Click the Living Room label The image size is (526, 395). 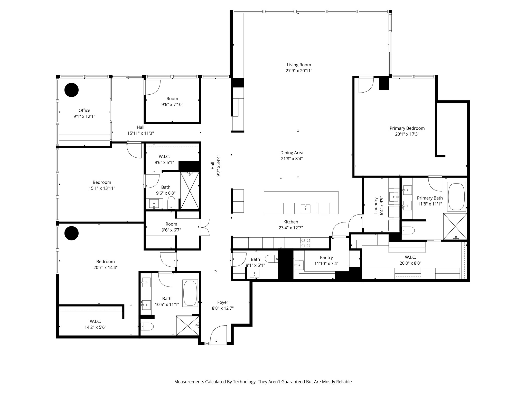[299, 65]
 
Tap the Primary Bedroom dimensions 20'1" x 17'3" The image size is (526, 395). [407, 134]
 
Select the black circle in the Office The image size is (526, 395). [71, 90]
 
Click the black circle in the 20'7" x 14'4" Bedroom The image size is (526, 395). [71, 233]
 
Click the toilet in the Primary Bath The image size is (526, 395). [408, 230]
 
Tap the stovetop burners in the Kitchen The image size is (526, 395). [306, 243]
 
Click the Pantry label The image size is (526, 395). [326, 257]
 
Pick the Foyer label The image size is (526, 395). [223, 302]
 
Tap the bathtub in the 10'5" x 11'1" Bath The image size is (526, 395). [190, 293]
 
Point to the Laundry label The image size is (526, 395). [376, 205]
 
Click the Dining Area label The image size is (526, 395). [292, 153]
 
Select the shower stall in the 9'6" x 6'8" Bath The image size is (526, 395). [190, 191]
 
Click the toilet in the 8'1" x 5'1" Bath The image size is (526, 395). [271, 258]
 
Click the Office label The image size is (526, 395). [84, 110]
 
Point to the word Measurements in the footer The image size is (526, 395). [189, 382]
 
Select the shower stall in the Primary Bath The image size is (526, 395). [455, 227]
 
